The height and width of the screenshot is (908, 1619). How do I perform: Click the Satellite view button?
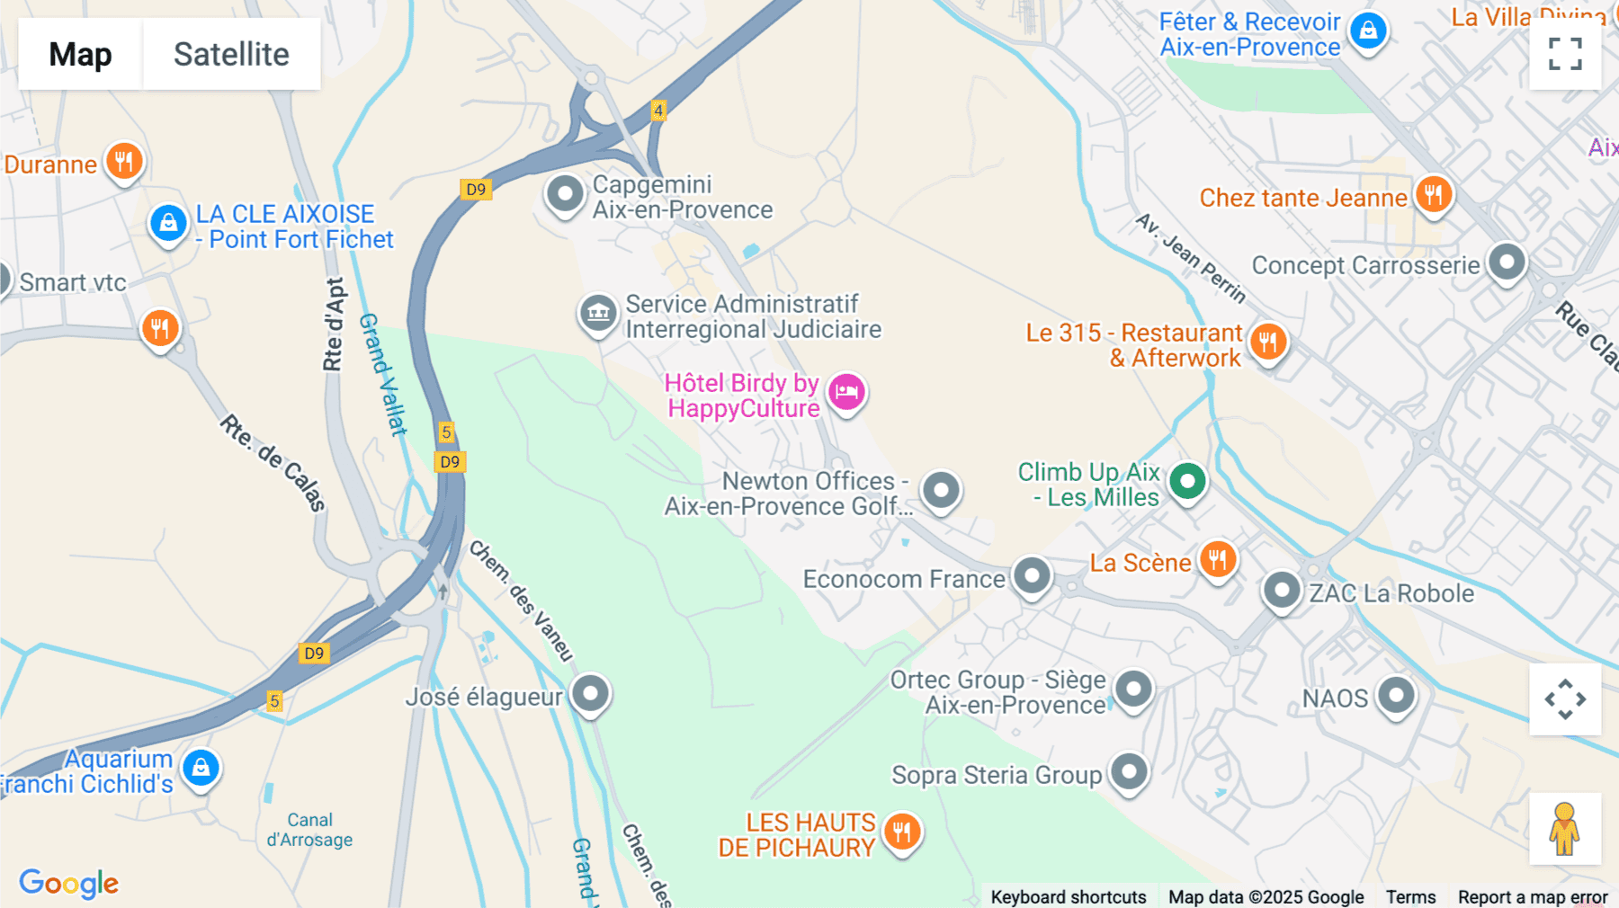click(231, 54)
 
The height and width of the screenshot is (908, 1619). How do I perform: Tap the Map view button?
click(80, 54)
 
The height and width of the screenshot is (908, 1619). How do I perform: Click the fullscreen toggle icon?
click(1565, 54)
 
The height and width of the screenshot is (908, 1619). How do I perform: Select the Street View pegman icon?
click(1564, 829)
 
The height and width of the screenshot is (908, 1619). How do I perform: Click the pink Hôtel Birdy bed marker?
click(846, 392)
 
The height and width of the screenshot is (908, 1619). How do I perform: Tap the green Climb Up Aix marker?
click(1187, 482)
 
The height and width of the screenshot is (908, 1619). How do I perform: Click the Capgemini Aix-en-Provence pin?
click(566, 193)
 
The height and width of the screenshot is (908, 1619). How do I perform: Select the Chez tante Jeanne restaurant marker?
click(1434, 194)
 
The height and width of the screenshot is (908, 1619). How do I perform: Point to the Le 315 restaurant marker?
click(1268, 343)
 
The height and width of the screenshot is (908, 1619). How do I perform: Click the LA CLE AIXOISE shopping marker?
click(168, 222)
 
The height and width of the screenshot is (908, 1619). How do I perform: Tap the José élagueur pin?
click(591, 694)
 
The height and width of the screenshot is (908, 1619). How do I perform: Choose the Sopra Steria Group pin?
click(1129, 772)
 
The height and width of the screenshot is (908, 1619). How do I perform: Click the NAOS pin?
click(1396, 696)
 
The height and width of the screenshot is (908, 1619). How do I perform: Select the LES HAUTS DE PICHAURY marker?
click(902, 832)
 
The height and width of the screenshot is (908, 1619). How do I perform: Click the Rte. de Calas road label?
click(273, 463)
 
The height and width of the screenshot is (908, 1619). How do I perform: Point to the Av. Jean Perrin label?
click(1190, 258)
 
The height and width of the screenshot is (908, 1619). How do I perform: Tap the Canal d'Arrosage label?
click(309, 830)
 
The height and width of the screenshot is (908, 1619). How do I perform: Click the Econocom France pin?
click(1032, 576)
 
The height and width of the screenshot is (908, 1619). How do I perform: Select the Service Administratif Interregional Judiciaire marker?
click(598, 314)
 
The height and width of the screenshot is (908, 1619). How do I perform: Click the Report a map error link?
click(1532, 896)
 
